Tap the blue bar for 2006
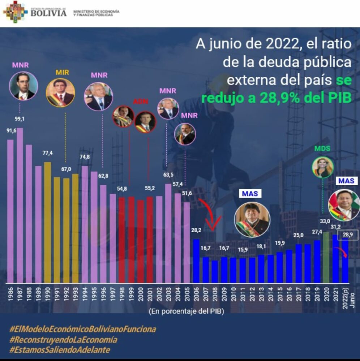pyautogui.click(x=196, y=260)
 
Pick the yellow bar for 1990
pyautogui.click(x=47, y=222)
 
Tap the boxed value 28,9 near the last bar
pyautogui.click(x=347, y=235)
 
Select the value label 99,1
pyautogui.click(x=20, y=119)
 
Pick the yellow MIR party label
pyautogui.click(x=62, y=72)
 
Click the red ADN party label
pyautogui.click(x=141, y=101)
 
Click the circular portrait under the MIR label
pyautogui.click(x=60, y=93)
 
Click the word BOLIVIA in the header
pyautogui.click(x=48, y=13)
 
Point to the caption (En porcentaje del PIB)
pyautogui.click(x=186, y=311)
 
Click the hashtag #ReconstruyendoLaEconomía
pyautogui.click(x=63, y=340)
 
